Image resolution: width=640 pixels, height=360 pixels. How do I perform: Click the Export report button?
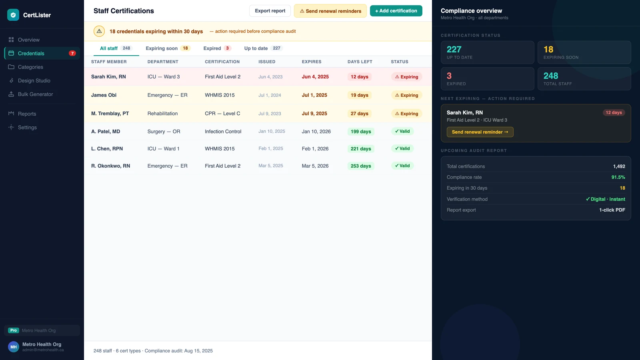[x=270, y=11]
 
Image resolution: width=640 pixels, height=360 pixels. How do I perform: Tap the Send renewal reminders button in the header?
[x=330, y=11]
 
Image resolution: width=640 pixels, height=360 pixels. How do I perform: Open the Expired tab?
[x=217, y=48]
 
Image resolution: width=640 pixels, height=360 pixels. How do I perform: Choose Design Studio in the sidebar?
[x=34, y=80]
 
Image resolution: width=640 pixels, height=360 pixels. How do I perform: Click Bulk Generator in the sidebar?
[x=36, y=94]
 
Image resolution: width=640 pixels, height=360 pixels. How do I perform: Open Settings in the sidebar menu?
[x=27, y=128]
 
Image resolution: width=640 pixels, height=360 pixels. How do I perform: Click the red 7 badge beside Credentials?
[x=72, y=54]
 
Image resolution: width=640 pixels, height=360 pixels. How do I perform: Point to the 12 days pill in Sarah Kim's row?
[x=359, y=77]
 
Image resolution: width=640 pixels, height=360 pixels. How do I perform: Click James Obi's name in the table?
[x=104, y=95]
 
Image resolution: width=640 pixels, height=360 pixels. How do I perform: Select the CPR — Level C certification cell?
[x=222, y=114]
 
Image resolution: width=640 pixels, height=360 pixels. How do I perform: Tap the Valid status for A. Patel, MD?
[x=402, y=132]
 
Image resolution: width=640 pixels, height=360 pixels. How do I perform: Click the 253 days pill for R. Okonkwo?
[x=360, y=166]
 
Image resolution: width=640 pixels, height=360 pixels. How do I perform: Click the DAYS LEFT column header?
[x=360, y=62]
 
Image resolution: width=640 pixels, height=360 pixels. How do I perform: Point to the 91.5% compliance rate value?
[x=618, y=178]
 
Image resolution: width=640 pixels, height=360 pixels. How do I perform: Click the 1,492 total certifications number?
[x=619, y=166]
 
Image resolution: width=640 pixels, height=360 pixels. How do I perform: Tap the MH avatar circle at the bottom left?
[x=14, y=347]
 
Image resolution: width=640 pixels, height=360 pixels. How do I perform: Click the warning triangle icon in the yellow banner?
[x=99, y=31]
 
